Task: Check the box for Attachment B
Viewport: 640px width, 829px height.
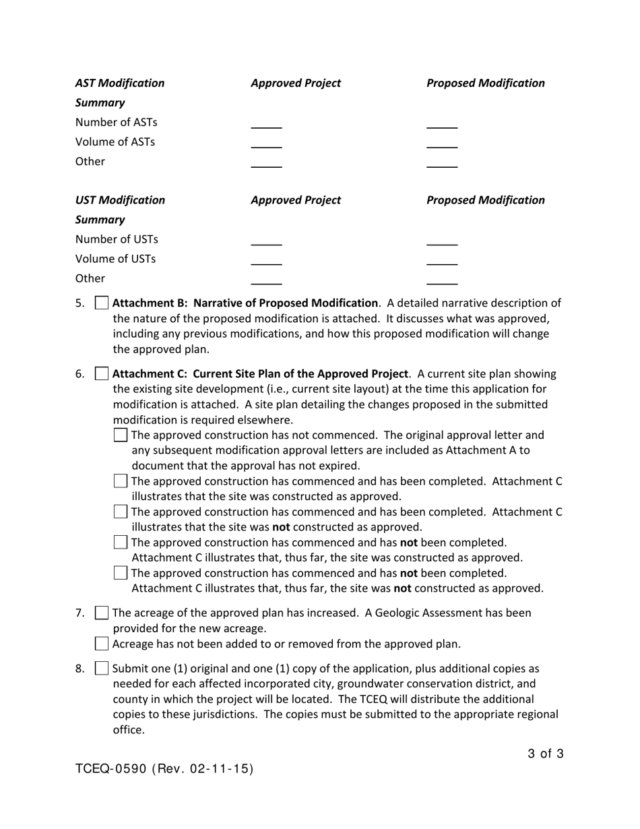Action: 102,303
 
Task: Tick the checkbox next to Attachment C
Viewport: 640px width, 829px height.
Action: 102,374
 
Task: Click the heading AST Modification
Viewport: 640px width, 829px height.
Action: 120,83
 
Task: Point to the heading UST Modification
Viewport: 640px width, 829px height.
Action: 120,200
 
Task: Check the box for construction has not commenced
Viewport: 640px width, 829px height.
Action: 121,435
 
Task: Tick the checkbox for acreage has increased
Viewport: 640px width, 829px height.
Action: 102,613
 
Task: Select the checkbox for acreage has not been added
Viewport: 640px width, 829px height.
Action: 102,644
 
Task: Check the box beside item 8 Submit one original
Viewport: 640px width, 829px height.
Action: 102,669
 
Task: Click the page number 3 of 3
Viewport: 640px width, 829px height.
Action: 546,754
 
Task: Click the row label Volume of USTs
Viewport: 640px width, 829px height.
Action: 115,259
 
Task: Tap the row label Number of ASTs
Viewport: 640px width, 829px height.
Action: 116,123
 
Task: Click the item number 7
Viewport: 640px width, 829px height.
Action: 79,613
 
